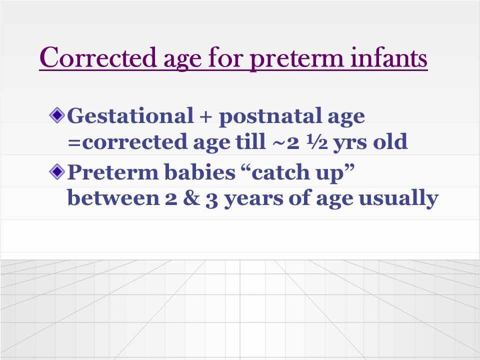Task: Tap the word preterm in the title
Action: (296, 59)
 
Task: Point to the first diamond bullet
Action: (57, 115)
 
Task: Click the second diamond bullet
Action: (57, 171)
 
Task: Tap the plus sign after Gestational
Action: (206, 116)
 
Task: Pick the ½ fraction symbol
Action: (318, 142)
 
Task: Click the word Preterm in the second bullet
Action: (113, 171)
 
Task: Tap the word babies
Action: (200, 171)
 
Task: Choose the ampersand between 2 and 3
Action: (191, 198)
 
